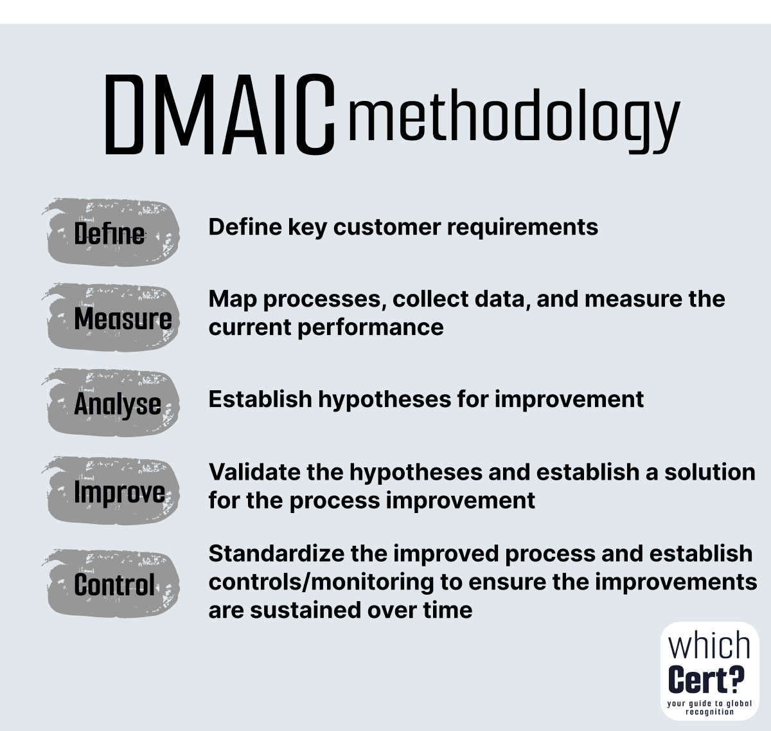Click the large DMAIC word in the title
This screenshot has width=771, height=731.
click(x=220, y=114)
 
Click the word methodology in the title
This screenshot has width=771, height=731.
click(x=514, y=121)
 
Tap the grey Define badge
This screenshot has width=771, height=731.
click(x=111, y=232)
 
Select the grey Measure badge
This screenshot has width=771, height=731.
click(x=111, y=317)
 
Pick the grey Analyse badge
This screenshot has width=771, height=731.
click(x=111, y=403)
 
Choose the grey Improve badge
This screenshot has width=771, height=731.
click(x=111, y=491)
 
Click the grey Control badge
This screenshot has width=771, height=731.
click(x=111, y=584)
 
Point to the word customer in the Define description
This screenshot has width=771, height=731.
click(x=387, y=228)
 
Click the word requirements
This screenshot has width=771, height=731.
click(x=523, y=228)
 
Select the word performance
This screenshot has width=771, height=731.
click(x=371, y=328)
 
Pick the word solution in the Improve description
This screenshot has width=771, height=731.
click(x=709, y=472)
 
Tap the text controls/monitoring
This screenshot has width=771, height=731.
click(x=321, y=582)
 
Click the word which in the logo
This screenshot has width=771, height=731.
click(x=709, y=645)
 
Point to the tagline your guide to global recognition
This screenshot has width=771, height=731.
click(x=709, y=708)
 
